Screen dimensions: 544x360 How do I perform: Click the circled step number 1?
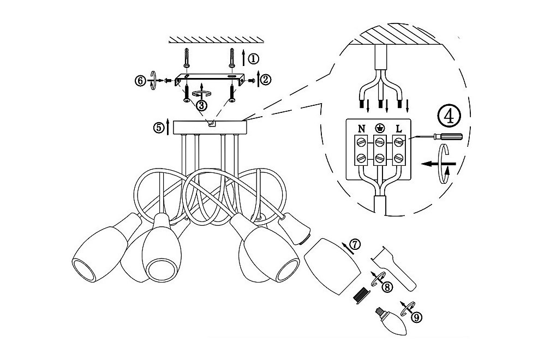254,59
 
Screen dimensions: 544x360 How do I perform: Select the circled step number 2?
265,80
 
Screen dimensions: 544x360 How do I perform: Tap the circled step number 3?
201,105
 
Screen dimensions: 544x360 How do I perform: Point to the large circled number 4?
449,117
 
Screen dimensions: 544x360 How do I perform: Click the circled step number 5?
159,128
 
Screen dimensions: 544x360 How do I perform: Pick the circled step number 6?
140,81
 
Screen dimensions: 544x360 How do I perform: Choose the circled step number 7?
355,245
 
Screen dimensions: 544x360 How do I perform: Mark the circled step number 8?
387,287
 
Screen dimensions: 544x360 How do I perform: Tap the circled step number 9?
417,317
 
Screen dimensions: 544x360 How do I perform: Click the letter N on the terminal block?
362,129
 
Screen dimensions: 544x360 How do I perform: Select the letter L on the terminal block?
399,129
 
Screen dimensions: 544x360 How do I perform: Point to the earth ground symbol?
380,129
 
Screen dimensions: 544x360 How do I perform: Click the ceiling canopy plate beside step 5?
210,127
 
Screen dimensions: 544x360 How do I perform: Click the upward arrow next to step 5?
168,127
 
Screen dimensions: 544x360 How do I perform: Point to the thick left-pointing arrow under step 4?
437,163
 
